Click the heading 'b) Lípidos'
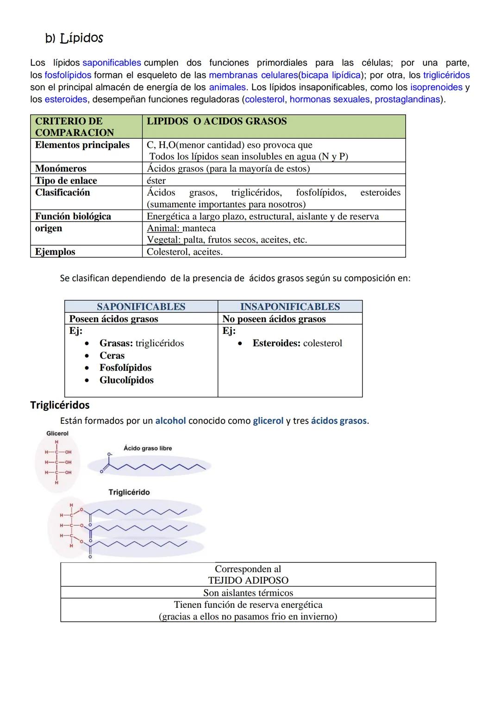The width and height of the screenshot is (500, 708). click(74, 38)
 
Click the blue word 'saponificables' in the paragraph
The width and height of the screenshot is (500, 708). click(112, 63)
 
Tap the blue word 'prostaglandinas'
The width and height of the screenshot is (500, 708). click(407, 99)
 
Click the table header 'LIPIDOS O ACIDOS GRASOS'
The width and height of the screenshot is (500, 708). click(217, 121)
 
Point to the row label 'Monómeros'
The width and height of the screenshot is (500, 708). click(61, 168)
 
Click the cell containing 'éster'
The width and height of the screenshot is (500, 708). click(156, 180)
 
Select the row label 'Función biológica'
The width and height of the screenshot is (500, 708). click(73, 216)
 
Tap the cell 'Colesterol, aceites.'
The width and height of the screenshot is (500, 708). click(185, 252)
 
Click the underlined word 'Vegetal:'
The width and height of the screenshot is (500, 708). click(164, 240)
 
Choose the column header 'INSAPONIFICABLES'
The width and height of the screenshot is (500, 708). click(290, 306)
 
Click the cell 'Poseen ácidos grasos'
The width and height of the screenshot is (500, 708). click(113, 319)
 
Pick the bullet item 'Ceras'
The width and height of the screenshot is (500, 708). click(112, 356)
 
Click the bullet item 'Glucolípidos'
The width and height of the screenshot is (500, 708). click(126, 380)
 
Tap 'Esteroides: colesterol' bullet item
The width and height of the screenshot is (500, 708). click(297, 343)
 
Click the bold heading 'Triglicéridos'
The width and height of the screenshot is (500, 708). click(60, 405)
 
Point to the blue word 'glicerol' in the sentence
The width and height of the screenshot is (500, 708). click(268, 421)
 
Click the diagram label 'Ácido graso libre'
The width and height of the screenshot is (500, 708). click(148, 448)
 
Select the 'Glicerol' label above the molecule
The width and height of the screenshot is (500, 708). click(57, 434)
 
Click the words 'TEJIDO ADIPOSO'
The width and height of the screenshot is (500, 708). click(248, 580)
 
